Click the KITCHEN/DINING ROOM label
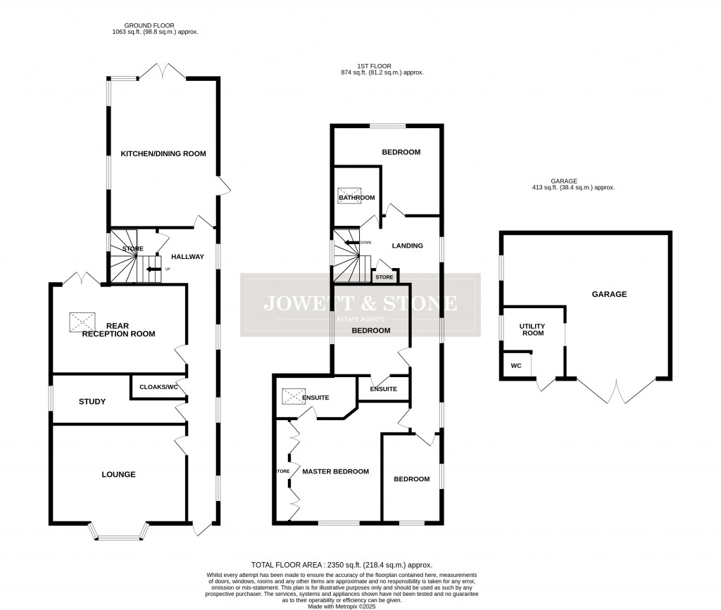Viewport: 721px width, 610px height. tap(163, 153)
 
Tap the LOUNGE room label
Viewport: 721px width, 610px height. tap(118, 474)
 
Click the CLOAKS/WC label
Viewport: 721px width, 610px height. tap(158, 388)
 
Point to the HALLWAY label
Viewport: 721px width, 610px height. tap(187, 257)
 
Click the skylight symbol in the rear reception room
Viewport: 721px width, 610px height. tap(83, 322)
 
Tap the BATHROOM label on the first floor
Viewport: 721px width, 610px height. tap(356, 198)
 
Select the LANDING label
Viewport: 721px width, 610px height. tap(407, 246)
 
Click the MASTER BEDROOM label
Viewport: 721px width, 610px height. tap(335, 471)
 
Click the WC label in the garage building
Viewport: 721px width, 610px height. tap(515, 366)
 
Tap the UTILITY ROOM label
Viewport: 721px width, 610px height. tap(532, 329)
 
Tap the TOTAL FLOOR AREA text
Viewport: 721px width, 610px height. tap(341, 565)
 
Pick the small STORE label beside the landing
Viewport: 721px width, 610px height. tap(384, 277)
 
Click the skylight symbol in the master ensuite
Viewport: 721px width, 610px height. tap(291, 397)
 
